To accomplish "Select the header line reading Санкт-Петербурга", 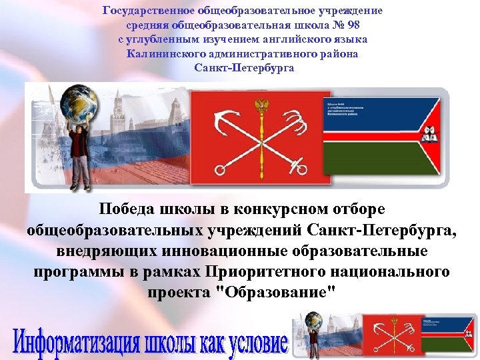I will click(x=244, y=68).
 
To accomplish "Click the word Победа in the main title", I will click(x=127, y=209).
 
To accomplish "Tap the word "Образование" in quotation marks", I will click(x=274, y=293).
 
